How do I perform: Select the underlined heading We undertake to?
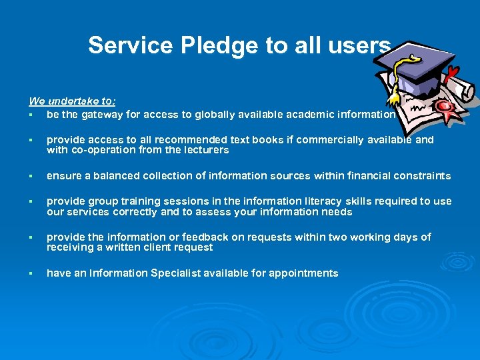pyautogui.click(x=72, y=101)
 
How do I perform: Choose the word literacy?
pyautogui.click(x=307, y=201)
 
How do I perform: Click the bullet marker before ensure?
pyautogui.click(x=31, y=176)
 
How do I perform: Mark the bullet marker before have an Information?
pyautogui.click(x=31, y=273)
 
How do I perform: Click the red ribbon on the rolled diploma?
pyautogui.click(x=453, y=72)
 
